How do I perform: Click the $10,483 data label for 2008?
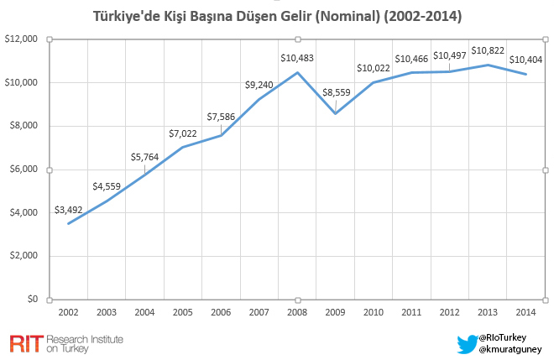pyautogui.click(x=297, y=57)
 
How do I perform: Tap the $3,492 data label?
pyautogui.click(x=71, y=210)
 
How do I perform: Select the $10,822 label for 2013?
pyautogui.click(x=488, y=50)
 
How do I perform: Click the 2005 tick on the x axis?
pyautogui.click(x=183, y=312)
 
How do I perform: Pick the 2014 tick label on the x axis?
pyautogui.click(x=525, y=312)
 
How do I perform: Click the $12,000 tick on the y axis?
pyautogui.click(x=22, y=39)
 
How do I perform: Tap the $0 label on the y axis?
pyautogui.click(x=32, y=299)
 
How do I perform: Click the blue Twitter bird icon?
pyautogui.click(x=466, y=343)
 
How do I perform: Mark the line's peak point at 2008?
pyautogui.click(x=297, y=72)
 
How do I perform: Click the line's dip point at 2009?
pyautogui.click(x=335, y=113)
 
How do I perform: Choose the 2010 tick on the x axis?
pyautogui.click(x=373, y=312)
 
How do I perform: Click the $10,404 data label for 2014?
pyautogui.click(x=525, y=60)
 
